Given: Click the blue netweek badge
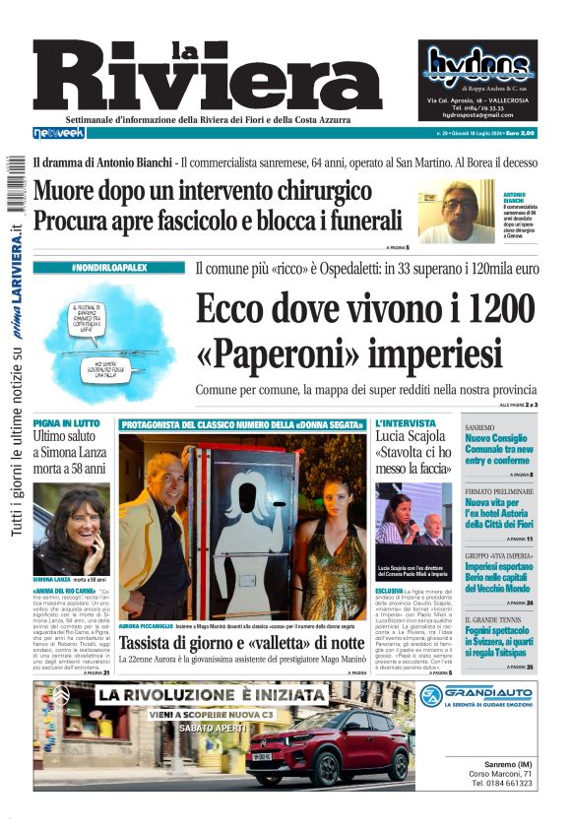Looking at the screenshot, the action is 59,133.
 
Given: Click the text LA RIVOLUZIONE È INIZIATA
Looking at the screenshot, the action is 212,696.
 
